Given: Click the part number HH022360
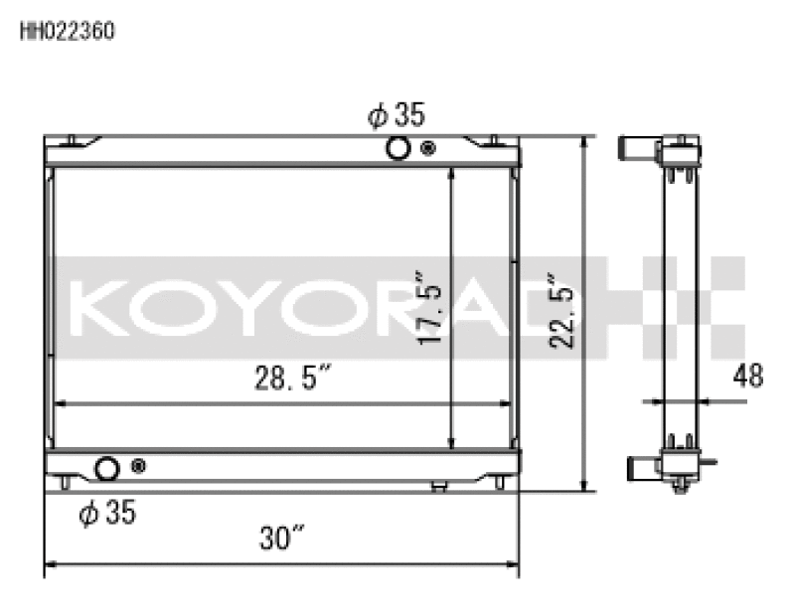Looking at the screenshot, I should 68,31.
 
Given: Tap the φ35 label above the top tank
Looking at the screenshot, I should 397,116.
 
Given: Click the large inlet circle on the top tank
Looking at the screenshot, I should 397,149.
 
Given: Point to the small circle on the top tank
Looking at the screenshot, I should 428,149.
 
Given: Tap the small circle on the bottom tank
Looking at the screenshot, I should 137,466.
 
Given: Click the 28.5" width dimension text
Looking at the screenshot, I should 289,379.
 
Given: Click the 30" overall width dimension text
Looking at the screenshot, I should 282,538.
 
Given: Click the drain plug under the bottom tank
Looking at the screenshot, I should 438,486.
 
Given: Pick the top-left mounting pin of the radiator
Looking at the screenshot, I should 72,139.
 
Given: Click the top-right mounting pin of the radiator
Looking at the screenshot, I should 494,139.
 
